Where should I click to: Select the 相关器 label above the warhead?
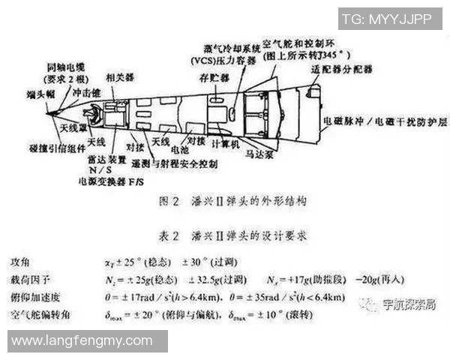(x=121, y=77)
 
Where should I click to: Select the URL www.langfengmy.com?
(x=83, y=341)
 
